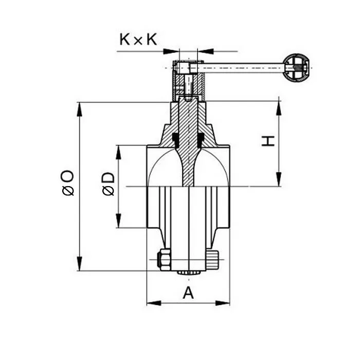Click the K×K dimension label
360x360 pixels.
point(138,40)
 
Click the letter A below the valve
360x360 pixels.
point(189,293)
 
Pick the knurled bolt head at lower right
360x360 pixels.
point(213,258)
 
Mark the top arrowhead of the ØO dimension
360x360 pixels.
point(79,106)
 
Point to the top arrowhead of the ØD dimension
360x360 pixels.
point(119,149)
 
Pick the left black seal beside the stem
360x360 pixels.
point(175,139)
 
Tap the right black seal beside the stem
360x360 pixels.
point(201,139)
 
